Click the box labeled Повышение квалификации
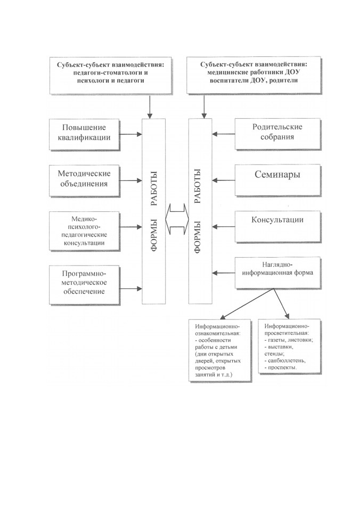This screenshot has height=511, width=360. pos(85,134)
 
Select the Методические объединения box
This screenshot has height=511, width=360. pos(85,181)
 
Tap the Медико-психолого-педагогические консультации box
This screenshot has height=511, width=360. pos(85,231)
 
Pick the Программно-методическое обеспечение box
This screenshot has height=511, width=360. pos(85,285)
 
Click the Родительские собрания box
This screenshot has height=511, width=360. pos(278,134)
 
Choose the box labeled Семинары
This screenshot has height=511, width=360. pos(278,180)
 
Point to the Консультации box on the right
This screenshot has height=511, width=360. pos(278,227)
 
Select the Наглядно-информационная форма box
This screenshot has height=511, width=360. pos(278,273)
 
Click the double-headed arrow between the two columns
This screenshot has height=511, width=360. pos(177,219)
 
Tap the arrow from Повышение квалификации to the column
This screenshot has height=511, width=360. pos(131,134)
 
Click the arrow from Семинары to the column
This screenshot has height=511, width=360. pos(223,180)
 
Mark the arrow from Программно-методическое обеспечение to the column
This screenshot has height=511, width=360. pos(131,289)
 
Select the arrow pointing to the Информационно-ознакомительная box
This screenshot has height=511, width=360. pos(247,304)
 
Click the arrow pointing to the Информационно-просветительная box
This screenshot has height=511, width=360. pos(281,303)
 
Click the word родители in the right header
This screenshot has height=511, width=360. pos(284,80)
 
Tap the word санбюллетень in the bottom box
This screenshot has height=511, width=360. pos(287,360)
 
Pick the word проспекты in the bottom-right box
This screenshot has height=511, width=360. pos(282,368)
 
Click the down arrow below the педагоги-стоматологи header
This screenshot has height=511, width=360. pos(150,107)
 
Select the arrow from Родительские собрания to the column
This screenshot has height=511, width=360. pos(223,134)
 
